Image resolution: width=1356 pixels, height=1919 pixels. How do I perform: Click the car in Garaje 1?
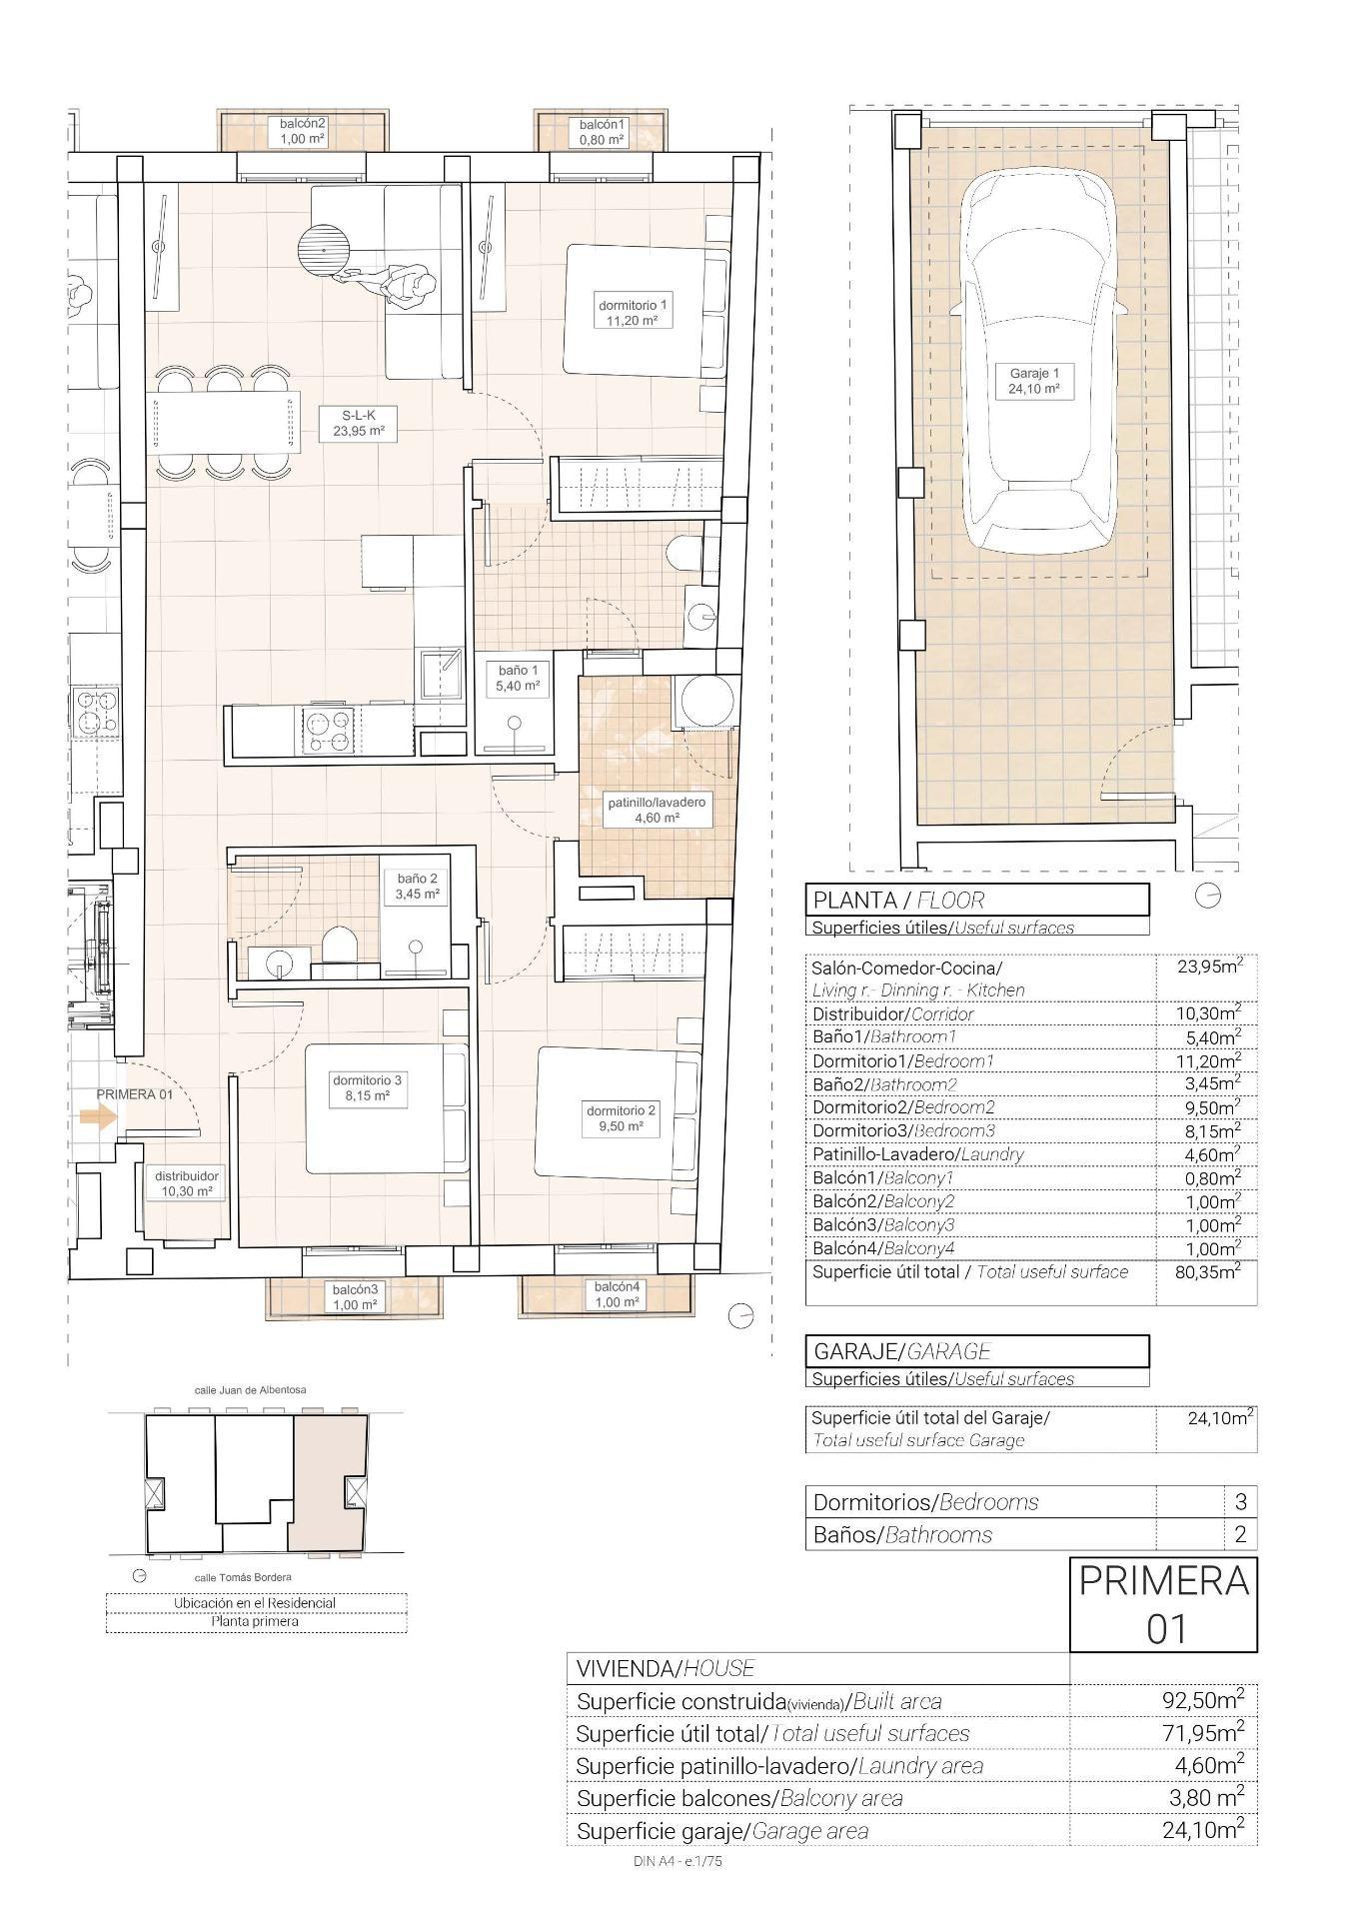point(1037,360)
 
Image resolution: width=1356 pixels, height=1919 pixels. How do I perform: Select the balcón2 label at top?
point(303,131)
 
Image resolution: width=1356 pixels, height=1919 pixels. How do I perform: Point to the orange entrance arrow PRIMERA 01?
point(97,1117)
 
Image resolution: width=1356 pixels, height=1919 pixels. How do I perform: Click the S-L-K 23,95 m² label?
point(358,423)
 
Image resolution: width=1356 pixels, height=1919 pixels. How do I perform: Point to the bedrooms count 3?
point(1240,1501)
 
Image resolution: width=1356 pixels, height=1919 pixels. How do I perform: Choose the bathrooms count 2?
point(1240,1534)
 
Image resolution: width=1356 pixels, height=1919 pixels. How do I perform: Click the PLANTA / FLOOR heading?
point(897,900)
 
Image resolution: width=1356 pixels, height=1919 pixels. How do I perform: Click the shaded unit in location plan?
point(328,1482)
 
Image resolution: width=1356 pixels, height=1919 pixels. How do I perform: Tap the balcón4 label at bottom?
point(617,1294)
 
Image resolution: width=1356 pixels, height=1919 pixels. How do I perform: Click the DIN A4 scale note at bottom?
point(677,1861)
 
